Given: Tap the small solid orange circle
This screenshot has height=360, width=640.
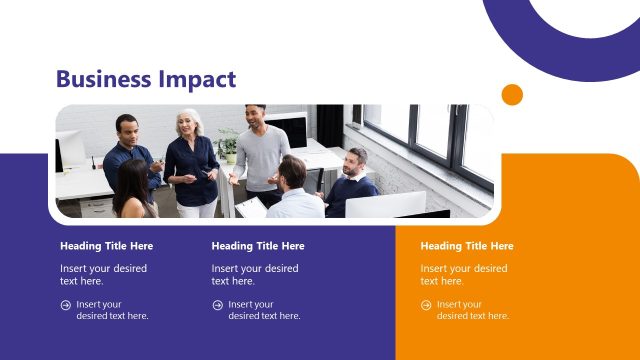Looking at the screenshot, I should pos(512,95).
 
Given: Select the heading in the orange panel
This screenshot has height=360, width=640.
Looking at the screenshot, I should pos(466,246).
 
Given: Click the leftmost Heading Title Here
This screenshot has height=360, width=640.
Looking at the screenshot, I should pos(106,246).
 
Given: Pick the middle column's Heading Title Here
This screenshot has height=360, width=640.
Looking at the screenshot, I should pos(258,246).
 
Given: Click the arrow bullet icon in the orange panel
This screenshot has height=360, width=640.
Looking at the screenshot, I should pos(426,305).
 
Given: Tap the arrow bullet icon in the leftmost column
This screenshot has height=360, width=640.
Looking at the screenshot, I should pos(65,305).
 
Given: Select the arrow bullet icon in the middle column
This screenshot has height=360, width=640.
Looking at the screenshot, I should pos(217,305).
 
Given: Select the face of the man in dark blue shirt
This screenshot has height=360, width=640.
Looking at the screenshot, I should pos(126,128).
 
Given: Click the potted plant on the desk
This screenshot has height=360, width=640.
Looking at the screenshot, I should pos(229,145).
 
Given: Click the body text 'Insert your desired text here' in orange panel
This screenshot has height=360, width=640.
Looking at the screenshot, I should pos(463,274).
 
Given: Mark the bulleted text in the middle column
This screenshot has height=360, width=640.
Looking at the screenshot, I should pos(264,310).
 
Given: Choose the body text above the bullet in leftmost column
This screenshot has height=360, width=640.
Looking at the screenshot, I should pos(103,274).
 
